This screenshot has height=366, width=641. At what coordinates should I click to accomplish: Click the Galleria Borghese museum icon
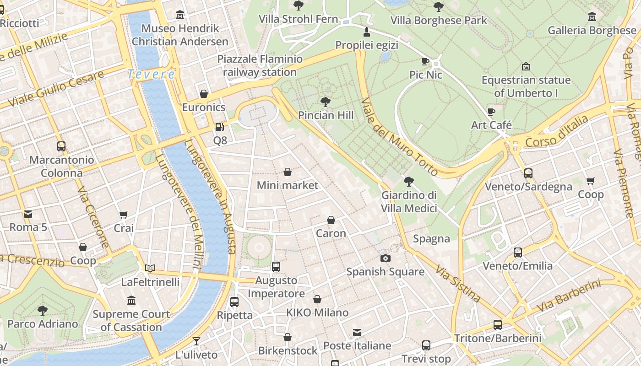(592, 17)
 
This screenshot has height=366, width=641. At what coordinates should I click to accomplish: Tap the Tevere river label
(151, 74)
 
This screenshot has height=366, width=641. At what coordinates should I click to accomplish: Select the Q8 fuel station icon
(220, 127)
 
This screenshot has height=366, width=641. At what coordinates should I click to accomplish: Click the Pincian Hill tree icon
(326, 102)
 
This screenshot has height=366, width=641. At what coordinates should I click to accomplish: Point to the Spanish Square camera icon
(386, 258)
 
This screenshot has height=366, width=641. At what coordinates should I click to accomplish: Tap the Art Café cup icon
(491, 112)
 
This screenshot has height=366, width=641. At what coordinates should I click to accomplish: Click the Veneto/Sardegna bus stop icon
(528, 173)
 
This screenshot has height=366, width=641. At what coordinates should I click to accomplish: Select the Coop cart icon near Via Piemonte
(591, 181)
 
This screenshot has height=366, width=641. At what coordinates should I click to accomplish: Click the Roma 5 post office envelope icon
(28, 214)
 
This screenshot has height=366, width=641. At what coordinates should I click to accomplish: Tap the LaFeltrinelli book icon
(150, 269)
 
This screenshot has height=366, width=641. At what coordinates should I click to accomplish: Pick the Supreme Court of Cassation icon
(131, 301)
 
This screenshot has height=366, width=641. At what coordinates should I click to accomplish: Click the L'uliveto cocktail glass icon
(196, 341)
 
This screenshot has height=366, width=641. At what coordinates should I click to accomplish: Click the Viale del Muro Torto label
(400, 137)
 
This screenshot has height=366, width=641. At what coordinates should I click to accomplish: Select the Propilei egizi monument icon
(366, 32)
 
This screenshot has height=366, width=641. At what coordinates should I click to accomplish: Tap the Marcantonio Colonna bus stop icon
(61, 146)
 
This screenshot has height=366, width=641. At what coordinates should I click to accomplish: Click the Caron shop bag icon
(331, 220)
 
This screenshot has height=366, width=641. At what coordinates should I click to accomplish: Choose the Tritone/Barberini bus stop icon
(498, 325)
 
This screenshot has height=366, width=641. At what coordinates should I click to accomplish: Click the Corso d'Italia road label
(556, 131)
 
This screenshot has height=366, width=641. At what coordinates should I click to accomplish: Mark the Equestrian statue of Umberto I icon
(526, 67)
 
